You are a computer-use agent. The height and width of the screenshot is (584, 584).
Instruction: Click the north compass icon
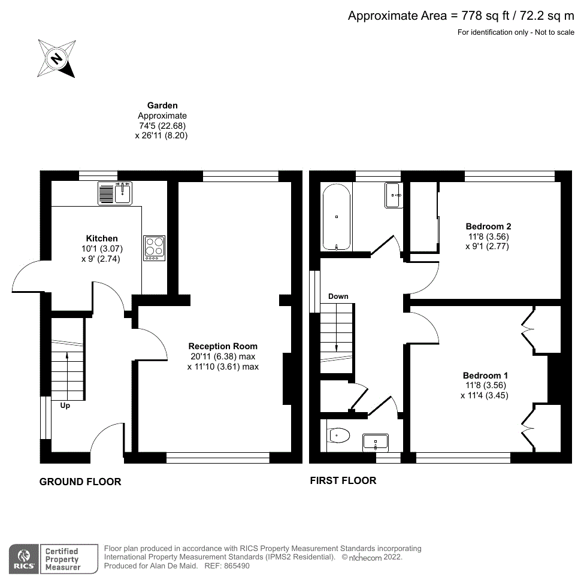click(56, 58)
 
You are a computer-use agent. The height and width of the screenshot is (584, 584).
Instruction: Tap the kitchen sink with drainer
click(114, 193)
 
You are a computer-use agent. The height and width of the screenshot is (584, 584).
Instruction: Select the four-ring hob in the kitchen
click(154, 247)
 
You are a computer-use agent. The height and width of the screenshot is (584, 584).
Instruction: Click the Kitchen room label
click(102, 238)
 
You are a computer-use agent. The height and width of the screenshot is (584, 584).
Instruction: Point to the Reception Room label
click(223, 346)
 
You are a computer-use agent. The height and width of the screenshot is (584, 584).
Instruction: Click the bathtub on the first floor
click(336, 217)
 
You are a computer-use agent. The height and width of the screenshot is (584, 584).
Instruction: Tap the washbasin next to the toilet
click(376, 442)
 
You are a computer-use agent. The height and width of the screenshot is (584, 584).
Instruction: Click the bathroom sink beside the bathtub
click(394, 195)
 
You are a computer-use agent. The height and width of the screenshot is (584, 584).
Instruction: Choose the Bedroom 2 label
click(488, 226)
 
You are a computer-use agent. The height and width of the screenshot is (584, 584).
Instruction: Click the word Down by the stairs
click(338, 296)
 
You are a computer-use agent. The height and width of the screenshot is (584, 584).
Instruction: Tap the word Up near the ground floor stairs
click(64, 406)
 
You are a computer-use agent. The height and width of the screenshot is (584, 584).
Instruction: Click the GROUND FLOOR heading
click(80, 482)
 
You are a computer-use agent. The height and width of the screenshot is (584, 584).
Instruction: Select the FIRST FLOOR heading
click(343, 480)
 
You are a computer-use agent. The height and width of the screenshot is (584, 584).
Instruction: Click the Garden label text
click(162, 105)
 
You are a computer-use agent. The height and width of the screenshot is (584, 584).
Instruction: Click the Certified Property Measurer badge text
click(63, 559)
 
